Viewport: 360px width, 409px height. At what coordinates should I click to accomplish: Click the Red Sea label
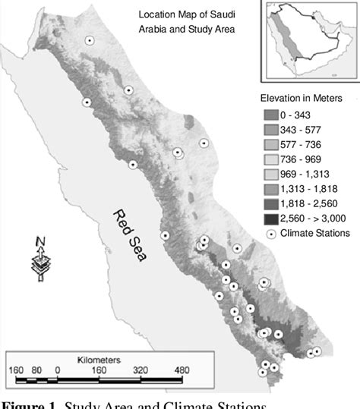pos(129,235)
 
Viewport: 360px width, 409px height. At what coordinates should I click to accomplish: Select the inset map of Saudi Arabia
pos(308,39)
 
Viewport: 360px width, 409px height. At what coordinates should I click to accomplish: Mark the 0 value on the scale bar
pos(58,370)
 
